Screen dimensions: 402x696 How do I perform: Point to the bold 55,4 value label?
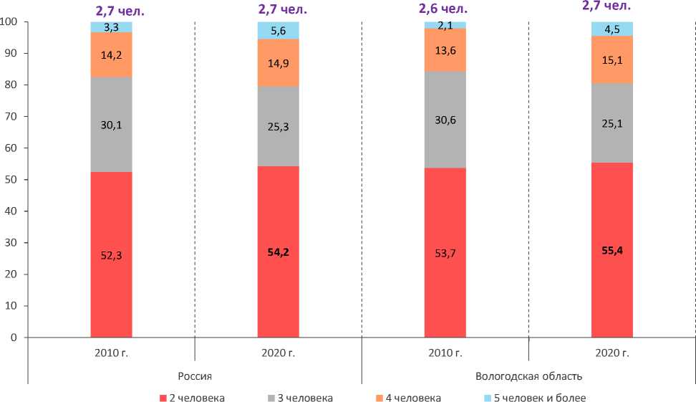pyautogui.click(x=612, y=251)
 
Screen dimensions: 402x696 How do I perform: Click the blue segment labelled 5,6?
pyautogui.click(x=278, y=30)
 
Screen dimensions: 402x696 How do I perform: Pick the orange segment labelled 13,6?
pyautogui.click(x=445, y=50)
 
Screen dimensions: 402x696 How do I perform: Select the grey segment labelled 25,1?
pyautogui.click(x=612, y=123)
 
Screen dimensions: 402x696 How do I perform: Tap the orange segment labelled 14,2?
pyautogui.click(x=111, y=54)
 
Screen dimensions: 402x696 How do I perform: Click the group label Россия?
pyautogui.click(x=194, y=376)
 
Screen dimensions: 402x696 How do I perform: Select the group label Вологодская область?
pyautogui.click(x=528, y=376)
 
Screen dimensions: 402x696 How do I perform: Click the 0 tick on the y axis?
pyautogui.click(x=14, y=338)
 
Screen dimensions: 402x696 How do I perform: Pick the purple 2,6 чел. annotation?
pyautogui.click(x=445, y=8)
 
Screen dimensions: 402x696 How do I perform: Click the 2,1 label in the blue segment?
pyautogui.click(x=445, y=26)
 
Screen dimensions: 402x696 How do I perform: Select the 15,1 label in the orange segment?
pyautogui.click(x=612, y=59)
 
